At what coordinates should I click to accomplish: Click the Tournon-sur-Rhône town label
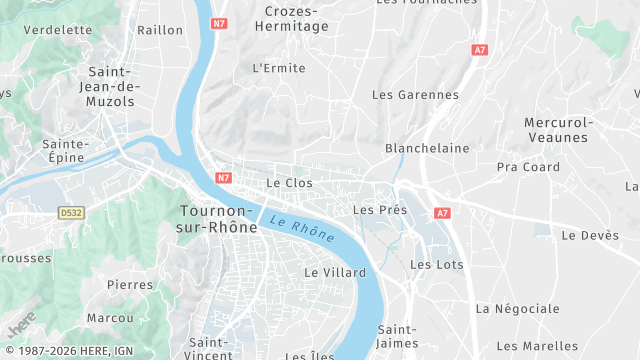pyautogui.click(x=218, y=219)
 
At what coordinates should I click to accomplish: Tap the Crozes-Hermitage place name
pyautogui.click(x=296, y=19)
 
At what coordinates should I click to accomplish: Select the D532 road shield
pyautogui.click(x=71, y=213)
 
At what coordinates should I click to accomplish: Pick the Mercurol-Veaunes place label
pyautogui.click(x=559, y=129)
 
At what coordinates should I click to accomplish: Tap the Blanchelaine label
pyautogui.click(x=427, y=148)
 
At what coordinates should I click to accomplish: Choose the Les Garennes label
pyautogui.click(x=415, y=95)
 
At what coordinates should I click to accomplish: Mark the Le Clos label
pyautogui.click(x=290, y=183)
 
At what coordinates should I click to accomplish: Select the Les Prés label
pyautogui.click(x=380, y=210)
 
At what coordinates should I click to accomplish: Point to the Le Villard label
pyautogui.click(x=335, y=272)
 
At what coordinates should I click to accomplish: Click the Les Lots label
pyautogui.click(x=437, y=264)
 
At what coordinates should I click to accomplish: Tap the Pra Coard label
pyautogui.click(x=528, y=167)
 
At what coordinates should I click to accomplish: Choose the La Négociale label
pyautogui.click(x=517, y=308)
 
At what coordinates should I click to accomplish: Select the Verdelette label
pyautogui.click(x=57, y=30)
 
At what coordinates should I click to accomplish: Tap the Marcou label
pyautogui.click(x=110, y=318)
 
